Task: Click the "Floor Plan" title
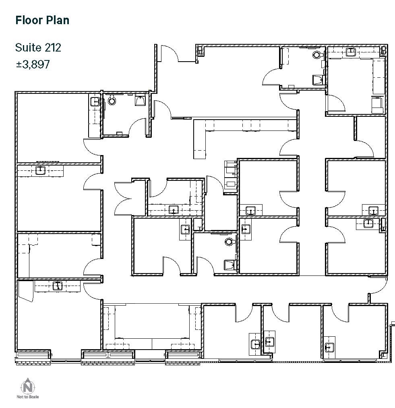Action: pyautogui.click(x=42, y=20)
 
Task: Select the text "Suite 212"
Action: pyautogui.click(x=38, y=48)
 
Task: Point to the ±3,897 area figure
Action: pyautogui.click(x=33, y=64)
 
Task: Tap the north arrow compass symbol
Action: pyautogui.click(x=28, y=387)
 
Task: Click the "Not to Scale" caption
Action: pyautogui.click(x=28, y=397)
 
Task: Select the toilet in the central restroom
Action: pyautogui.click(x=230, y=242)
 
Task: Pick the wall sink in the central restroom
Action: pyautogui.click(x=230, y=265)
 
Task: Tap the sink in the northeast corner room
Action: pyautogui.click(x=351, y=51)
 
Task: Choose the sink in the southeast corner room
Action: pyautogui.click(x=329, y=347)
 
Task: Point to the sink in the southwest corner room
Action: pyautogui.click(x=57, y=286)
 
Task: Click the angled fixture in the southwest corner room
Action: pyautogui.click(x=26, y=290)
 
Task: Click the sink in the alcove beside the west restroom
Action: pyautogui.click(x=95, y=101)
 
